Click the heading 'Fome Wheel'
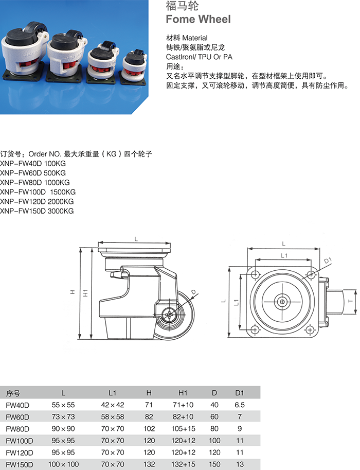coord(198,20)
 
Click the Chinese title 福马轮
coord(178,6)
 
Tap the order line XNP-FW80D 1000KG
coord(35,182)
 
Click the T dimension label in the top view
coord(349,300)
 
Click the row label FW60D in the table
coord(17,416)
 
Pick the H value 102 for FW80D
coord(149,428)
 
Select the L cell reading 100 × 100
coord(63,464)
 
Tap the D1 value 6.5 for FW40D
coord(239,405)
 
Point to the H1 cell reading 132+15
coord(184,464)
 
